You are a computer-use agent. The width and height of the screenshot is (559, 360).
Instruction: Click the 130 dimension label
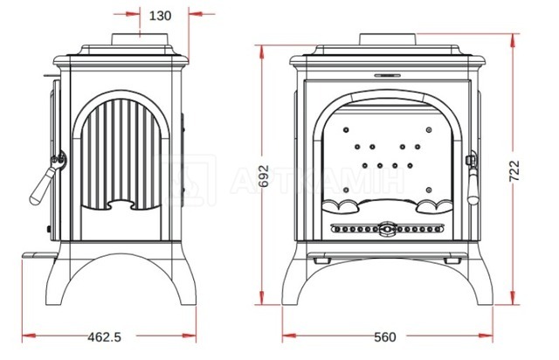[x=160, y=16]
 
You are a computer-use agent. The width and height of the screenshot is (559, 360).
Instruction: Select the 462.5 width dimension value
[x=105, y=336]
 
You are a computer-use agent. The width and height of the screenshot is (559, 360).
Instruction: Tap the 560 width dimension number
[x=385, y=336]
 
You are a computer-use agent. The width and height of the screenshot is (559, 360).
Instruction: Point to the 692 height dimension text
[x=264, y=176]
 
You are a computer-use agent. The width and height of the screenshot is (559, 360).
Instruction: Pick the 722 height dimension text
[x=514, y=171]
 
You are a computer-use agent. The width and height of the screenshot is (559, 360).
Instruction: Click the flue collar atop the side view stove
[x=140, y=39]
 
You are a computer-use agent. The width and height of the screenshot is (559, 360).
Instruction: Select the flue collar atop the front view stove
[x=388, y=39]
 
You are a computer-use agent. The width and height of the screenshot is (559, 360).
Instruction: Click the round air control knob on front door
[x=388, y=229]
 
